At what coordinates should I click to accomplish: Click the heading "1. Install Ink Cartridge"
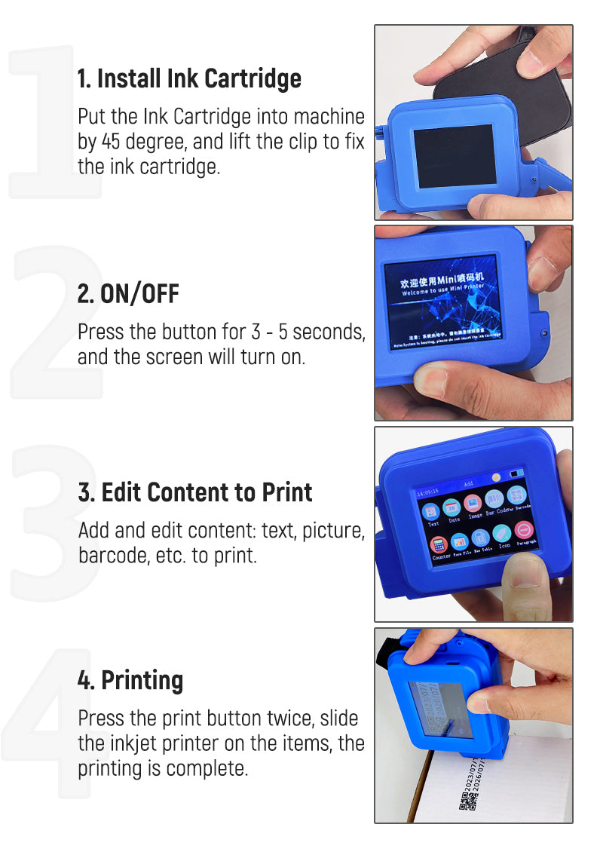click(x=189, y=78)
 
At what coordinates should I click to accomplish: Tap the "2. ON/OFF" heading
click(x=128, y=293)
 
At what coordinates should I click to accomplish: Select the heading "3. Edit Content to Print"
click(x=195, y=492)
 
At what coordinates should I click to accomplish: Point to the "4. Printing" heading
click(x=130, y=680)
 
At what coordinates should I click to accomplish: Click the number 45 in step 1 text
click(x=110, y=141)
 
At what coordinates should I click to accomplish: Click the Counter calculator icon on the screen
click(x=439, y=544)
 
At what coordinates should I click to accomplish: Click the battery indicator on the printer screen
click(x=518, y=475)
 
